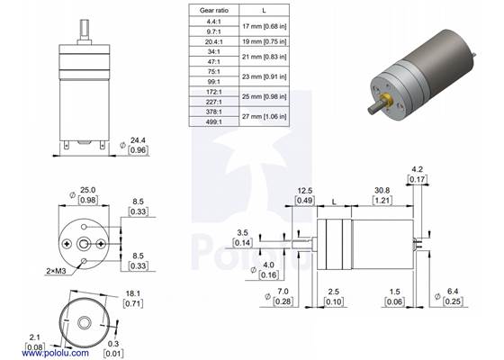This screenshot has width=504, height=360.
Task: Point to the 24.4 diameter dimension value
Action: click(x=138, y=141)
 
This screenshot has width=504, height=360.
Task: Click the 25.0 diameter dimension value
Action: click(x=87, y=191)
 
